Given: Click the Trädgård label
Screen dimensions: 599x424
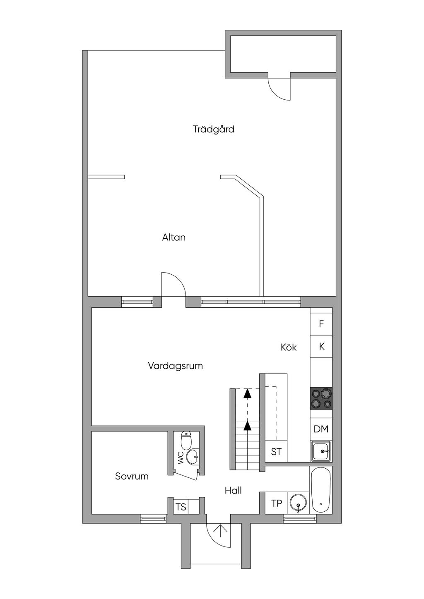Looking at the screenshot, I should click(214, 129).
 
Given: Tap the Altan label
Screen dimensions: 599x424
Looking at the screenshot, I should click(173, 237).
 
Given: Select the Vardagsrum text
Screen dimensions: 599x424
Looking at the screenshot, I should click(175, 366).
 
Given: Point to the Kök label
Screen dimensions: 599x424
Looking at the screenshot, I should click(289, 347).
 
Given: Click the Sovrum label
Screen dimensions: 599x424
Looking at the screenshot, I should click(132, 476).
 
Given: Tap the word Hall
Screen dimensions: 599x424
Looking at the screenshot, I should click(233, 491).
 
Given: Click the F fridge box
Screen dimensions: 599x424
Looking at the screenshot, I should click(321, 324).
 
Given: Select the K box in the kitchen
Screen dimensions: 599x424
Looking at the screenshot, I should click(321, 347).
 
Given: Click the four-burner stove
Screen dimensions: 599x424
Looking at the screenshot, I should click(321, 398).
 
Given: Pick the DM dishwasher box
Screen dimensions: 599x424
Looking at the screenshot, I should click(321, 429).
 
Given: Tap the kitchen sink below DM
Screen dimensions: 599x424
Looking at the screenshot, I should click(321, 451).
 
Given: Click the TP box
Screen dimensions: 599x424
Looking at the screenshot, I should click(276, 503).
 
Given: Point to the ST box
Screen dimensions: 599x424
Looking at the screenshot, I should click(276, 452).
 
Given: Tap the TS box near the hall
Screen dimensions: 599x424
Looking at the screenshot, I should click(181, 507).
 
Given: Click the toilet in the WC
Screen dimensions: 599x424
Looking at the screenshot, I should click(187, 441).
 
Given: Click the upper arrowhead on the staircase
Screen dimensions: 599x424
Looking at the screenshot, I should click(247, 393).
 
